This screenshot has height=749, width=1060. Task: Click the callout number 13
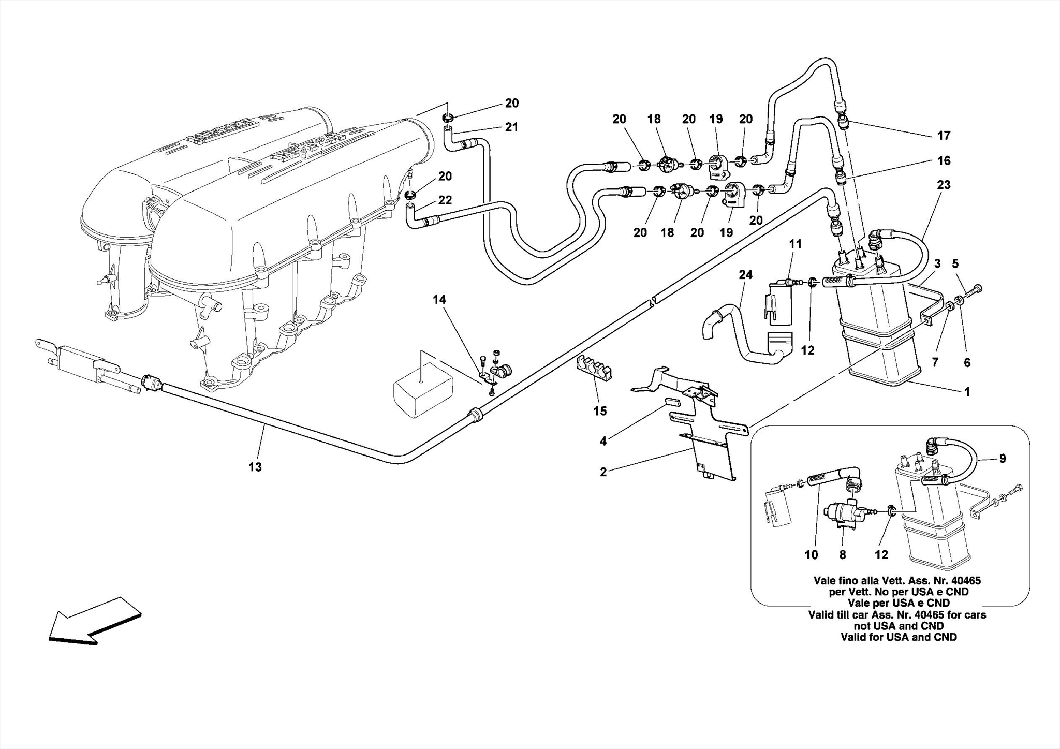pos(255,467)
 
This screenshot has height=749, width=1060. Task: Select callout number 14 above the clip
pos(439,300)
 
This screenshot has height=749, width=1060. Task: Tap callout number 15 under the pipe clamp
pos(600,411)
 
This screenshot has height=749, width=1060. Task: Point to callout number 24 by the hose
pos(745,275)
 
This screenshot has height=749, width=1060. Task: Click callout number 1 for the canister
pos(966,392)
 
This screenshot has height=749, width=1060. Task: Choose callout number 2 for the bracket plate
pos(603,472)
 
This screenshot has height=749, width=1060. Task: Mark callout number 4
pos(603,441)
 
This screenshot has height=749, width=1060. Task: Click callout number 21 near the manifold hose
pos(511,127)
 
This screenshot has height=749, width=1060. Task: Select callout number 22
pos(445,200)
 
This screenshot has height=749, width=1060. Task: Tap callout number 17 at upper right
pos(944,136)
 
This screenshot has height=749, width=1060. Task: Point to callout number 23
pos(944,185)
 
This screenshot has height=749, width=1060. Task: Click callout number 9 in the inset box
pos(1002,458)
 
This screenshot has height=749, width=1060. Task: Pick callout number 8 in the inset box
pos(843,555)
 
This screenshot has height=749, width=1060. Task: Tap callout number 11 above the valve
pos(795,244)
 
